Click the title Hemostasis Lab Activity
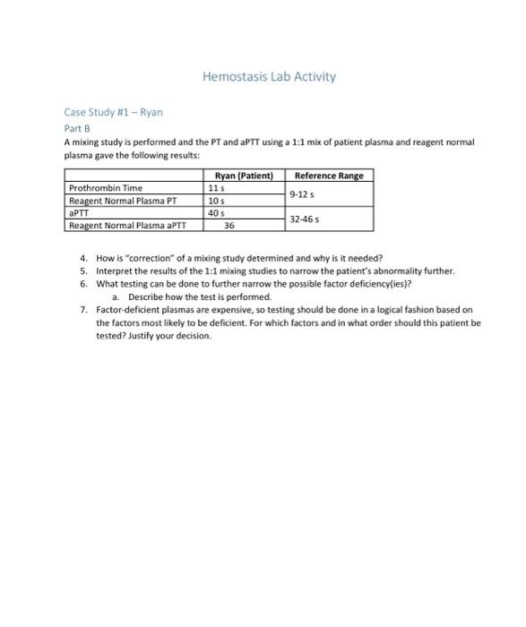click(x=269, y=77)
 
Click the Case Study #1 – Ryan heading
click(x=113, y=113)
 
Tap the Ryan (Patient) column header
click(x=245, y=176)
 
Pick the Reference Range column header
click(x=329, y=176)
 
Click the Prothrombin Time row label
click(x=106, y=188)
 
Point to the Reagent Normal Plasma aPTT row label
click(x=129, y=226)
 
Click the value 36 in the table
click(x=229, y=226)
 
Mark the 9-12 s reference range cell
click(x=303, y=193)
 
